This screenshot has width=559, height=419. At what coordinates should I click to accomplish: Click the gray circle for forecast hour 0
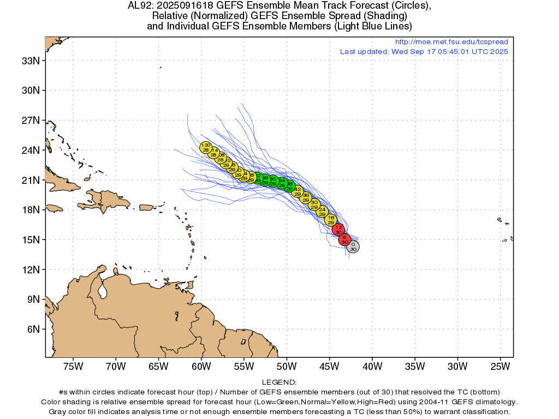point(353,247)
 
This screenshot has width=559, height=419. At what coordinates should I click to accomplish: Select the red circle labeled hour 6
point(344,240)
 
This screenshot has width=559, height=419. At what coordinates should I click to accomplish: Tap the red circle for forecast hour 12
point(338,230)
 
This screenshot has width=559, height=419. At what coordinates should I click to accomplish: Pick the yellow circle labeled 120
point(206,147)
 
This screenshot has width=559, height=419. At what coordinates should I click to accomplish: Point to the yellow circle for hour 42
point(298,191)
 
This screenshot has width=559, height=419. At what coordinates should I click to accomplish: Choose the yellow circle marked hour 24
point(322,212)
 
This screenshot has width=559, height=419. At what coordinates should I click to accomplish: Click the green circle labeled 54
point(282,183)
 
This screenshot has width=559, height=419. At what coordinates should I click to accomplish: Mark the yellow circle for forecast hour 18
point(331,220)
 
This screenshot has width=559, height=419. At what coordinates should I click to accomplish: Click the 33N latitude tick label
point(30,61)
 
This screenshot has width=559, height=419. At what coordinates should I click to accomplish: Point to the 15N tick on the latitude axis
point(30,240)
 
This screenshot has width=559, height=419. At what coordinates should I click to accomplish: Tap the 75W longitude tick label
point(73,366)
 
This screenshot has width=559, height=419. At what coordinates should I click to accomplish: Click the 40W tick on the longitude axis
point(372,366)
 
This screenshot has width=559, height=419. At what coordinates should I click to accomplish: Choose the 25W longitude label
point(500,366)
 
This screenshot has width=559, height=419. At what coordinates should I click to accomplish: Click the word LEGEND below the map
point(279,382)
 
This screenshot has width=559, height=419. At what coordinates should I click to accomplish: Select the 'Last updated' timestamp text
point(424,51)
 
